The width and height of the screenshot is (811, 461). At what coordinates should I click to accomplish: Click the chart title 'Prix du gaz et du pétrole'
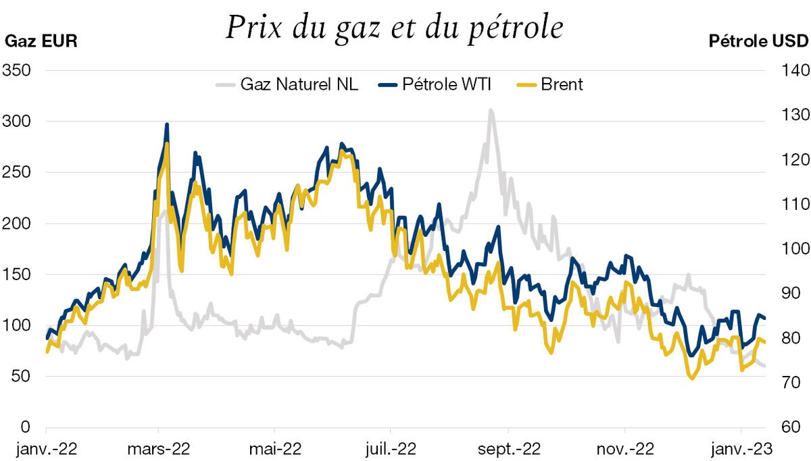click(394, 29)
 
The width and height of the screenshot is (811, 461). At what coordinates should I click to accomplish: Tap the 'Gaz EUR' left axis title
click(41, 41)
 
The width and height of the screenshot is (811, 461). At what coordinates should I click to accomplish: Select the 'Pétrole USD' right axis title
click(758, 41)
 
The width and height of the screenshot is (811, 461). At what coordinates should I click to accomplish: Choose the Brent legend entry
click(561, 84)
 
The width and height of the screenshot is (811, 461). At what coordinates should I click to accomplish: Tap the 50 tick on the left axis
click(20, 376)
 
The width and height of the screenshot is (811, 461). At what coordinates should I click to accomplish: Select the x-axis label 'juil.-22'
click(390, 448)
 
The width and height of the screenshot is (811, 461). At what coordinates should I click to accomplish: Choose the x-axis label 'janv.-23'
click(741, 448)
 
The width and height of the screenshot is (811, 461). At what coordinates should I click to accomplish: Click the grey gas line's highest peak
click(491, 110)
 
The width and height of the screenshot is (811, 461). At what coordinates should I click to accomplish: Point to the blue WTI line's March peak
click(166, 125)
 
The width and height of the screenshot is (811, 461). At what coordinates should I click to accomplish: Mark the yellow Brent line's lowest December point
click(691, 379)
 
